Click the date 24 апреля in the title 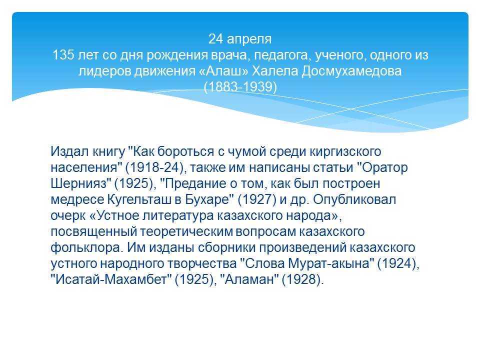(240, 39)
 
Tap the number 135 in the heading (63, 55)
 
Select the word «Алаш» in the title (223, 71)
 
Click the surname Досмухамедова (351, 71)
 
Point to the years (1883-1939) (240, 87)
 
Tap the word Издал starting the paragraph (69, 152)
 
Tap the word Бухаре (207, 199)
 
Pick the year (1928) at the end (302, 279)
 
